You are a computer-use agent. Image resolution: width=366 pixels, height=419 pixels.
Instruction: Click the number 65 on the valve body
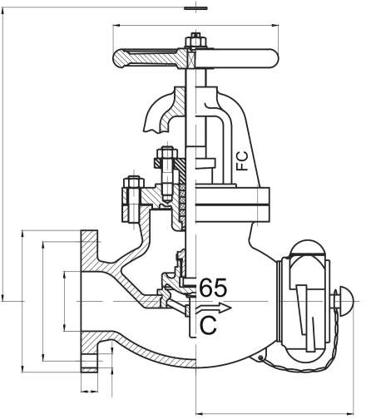pyautogui.click(x=213, y=288)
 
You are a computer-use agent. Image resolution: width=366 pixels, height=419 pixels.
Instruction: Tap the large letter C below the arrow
pyautogui.click(x=208, y=325)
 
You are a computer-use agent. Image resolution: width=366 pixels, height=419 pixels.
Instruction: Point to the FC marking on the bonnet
pyautogui.click(x=242, y=160)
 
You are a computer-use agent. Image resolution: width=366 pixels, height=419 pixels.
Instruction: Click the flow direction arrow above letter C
pyautogui.click(x=214, y=308)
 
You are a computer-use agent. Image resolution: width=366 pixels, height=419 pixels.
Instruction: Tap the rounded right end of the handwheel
pyautogui.click(x=273, y=58)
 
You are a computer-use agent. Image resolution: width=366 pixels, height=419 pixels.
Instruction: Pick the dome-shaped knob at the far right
pyautogui.click(x=347, y=301)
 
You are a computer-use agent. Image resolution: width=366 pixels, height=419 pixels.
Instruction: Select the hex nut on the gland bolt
pyautogui.click(x=167, y=153)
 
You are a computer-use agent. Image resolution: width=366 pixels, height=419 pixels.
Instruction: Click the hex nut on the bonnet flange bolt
pyautogui.click(x=134, y=183)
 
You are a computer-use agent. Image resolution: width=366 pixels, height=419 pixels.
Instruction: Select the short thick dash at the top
pyautogui.click(x=195, y=8)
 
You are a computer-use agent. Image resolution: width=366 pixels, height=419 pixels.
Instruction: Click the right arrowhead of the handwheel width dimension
pyautogui.click(x=275, y=26)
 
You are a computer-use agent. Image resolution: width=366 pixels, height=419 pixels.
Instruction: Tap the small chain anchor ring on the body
pyautogui.click(x=260, y=357)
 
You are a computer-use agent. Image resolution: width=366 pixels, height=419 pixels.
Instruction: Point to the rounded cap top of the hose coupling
pyautogui.click(x=307, y=247)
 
